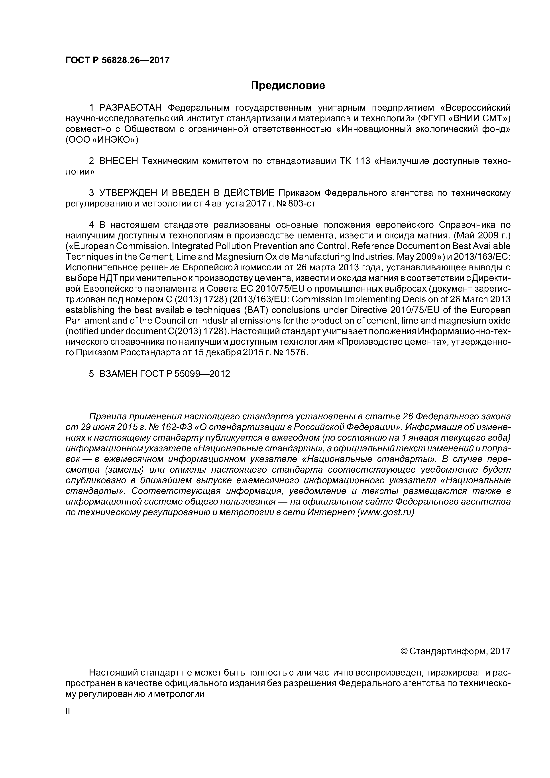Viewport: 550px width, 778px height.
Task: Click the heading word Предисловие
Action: [288, 85]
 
